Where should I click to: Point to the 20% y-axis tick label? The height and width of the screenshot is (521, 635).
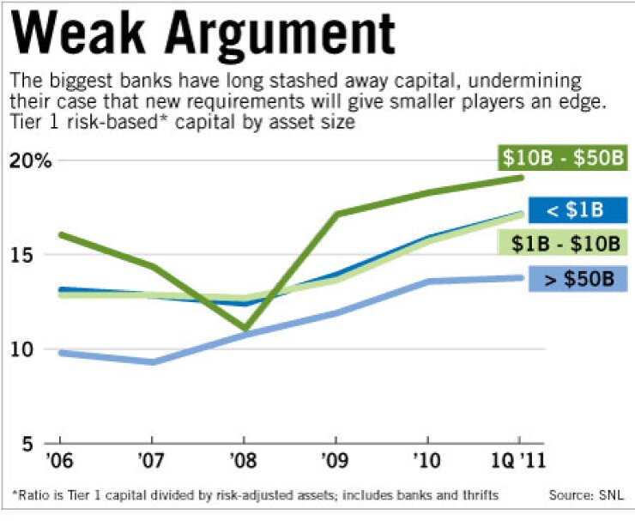[31, 161]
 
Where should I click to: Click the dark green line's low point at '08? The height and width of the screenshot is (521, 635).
[245, 328]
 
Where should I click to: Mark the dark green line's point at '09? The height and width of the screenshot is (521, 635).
[336, 214]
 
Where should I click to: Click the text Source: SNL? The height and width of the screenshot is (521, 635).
[586, 495]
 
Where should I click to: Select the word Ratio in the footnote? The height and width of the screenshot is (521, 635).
[34, 495]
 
